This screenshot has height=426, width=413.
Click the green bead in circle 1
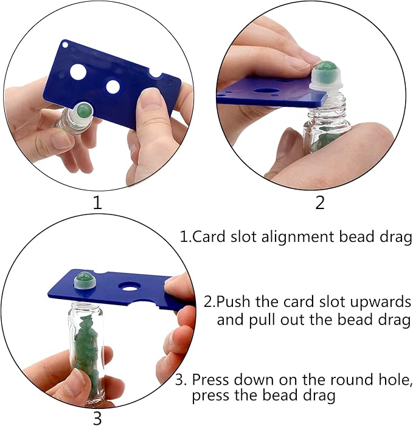click(x=85, y=111)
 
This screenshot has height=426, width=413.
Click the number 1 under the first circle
click(x=97, y=203)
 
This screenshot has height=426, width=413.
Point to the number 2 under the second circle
click(x=320, y=202)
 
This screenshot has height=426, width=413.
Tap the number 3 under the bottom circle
click(x=97, y=418)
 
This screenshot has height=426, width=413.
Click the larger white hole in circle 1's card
click(x=78, y=72)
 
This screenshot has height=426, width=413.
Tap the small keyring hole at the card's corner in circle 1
click(x=65, y=44)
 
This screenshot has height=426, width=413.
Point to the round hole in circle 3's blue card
click(x=129, y=286)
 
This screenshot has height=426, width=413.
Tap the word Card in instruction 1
click(x=209, y=236)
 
